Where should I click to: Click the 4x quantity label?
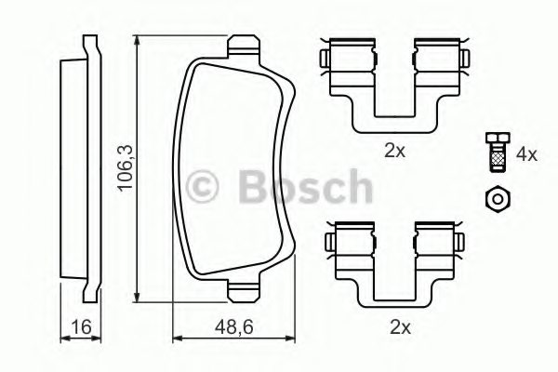[526, 153]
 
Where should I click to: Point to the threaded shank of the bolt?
[496, 160]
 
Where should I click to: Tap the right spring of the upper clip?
[434, 58]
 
